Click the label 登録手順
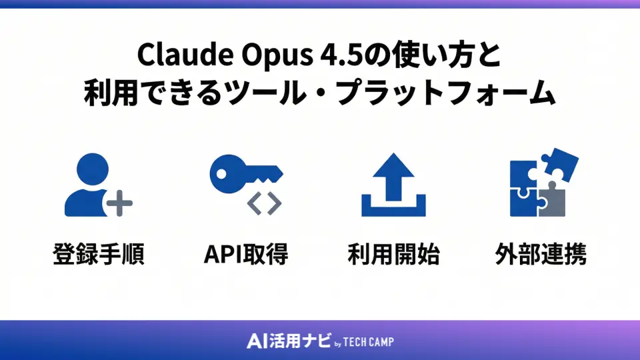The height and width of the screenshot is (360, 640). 99,254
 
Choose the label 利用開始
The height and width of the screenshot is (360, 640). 393,254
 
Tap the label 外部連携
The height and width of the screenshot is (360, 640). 541,254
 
